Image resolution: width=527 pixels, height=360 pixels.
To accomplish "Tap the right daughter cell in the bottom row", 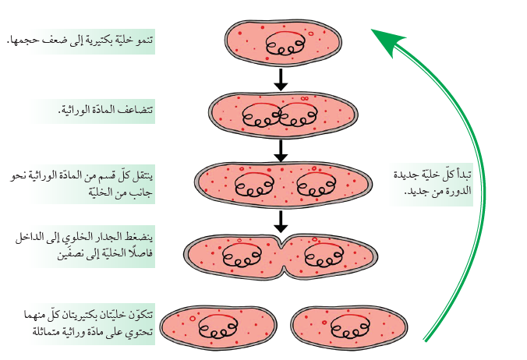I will tap(348, 326).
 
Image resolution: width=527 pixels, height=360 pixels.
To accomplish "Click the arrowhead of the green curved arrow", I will tap(384, 39).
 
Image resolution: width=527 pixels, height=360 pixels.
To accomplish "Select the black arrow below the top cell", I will tap(281, 79).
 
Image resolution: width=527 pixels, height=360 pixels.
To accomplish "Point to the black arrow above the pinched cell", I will tap(281, 222).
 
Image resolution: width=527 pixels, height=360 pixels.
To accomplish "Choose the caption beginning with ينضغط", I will tap(81, 247).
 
